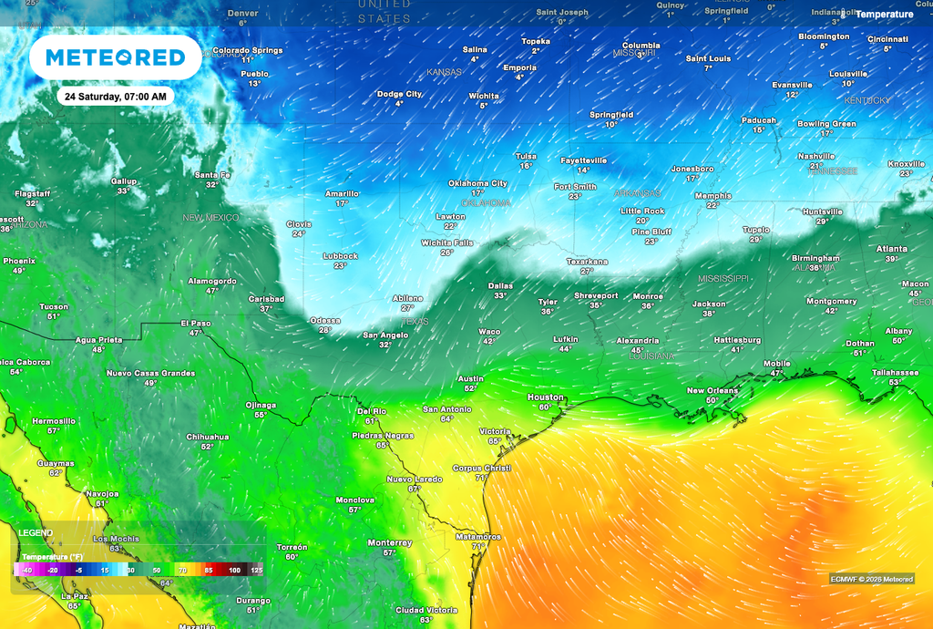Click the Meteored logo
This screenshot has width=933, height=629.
pos(115,57)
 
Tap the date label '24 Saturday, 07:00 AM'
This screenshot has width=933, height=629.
pos(115,96)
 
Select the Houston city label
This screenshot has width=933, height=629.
pos(546,397)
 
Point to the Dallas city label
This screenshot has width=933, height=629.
pos(500,285)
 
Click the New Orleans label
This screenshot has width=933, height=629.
pos(713,390)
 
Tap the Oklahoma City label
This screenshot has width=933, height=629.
pos(477,183)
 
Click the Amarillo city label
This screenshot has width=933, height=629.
pos(342,193)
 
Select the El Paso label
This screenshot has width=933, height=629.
pos(195,323)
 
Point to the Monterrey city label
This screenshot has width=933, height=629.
pos(389,542)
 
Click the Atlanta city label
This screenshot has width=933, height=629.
pos(891,249)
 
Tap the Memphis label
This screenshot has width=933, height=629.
pos(713,195)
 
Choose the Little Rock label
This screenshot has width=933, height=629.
pos(642,211)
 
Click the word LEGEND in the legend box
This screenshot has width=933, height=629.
pos(36,533)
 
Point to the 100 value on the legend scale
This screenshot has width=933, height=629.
pos(234,570)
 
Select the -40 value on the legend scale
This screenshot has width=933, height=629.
pos(28,570)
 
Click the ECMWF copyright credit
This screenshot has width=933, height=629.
pos(872,579)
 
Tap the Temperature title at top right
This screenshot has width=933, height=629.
pos(884,15)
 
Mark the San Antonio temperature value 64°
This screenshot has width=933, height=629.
pos(446,419)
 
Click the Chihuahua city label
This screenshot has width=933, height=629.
pos(208,437)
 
